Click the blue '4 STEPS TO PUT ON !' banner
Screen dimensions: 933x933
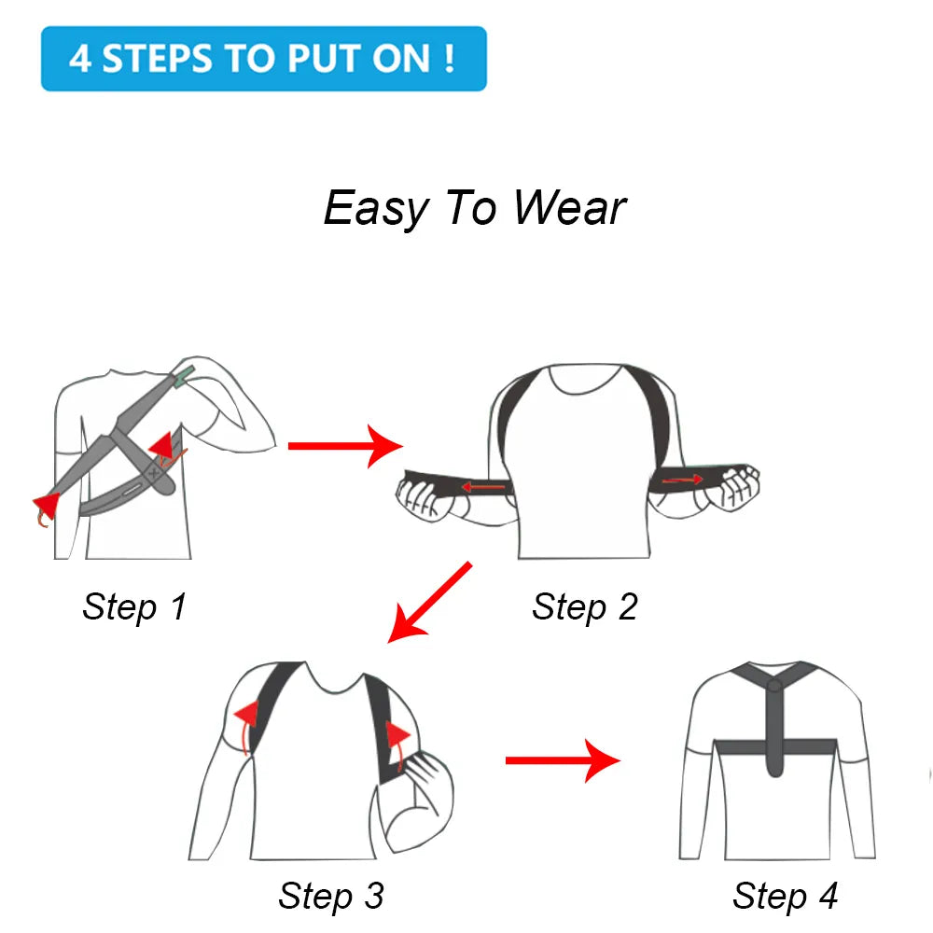coord(263,59)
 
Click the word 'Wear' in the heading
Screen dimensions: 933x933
coord(569,207)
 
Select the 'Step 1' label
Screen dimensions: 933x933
coord(134,606)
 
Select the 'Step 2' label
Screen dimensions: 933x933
coord(585,606)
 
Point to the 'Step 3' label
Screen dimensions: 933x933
coord(331,896)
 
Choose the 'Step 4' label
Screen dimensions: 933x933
coord(786,896)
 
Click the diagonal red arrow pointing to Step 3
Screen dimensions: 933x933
coord(429,602)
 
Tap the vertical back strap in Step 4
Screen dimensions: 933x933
coord(773,728)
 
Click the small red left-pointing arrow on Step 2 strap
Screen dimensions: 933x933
coord(482,486)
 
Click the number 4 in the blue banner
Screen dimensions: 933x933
coord(80,59)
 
